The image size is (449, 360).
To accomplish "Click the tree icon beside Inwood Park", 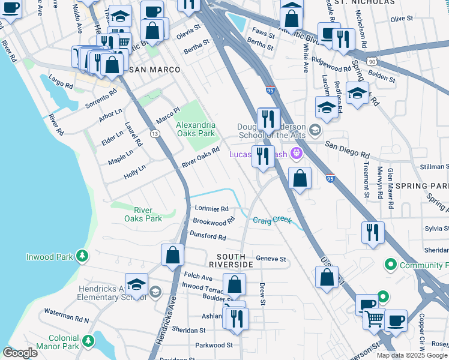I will click(82, 257).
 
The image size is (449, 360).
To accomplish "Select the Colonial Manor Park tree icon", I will click(88, 341).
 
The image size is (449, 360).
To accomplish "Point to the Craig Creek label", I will click(271, 220).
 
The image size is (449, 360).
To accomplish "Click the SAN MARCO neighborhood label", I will click(154, 70).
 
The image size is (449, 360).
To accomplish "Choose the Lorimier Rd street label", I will click(212, 209).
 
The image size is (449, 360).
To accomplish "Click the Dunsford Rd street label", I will click(209, 237).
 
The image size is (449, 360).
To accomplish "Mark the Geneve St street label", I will click(271, 259).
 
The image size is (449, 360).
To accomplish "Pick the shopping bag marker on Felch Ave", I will click(234, 284).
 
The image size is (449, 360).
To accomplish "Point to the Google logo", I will click(20, 353).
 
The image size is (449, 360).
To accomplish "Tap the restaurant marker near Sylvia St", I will click(373, 233).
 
